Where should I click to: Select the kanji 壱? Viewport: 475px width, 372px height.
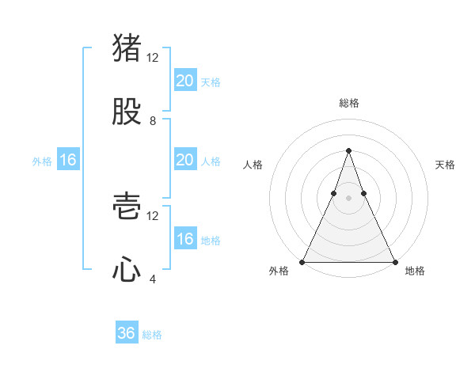click(x=127, y=207)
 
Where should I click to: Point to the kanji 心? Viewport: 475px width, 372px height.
click(x=127, y=270)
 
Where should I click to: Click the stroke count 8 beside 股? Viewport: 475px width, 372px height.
click(x=153, y=121)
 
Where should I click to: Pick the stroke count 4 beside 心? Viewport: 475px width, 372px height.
click(x=153, y=279)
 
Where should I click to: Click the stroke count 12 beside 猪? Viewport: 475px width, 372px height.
click(x=153, y=58)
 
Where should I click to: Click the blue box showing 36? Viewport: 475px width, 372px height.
click(x=127, y=333)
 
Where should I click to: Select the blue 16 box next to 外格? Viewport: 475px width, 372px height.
click(x=68, y=160)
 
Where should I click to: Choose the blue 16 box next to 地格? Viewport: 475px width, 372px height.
click(x=185, y=239)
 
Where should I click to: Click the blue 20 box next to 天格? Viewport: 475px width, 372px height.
click(x=185, y=81)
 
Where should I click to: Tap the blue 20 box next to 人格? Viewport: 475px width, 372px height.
click(x=185, y=160)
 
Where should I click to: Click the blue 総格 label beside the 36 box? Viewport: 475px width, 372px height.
click(x=152, y=335)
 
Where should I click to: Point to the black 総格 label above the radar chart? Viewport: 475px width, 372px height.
click(x=348, y=103)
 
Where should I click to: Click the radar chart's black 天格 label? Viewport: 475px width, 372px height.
click(x=446, y=165)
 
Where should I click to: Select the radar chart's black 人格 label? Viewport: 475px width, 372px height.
click(x=253, y=165)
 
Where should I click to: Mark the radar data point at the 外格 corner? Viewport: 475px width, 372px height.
click(x=302, y=261)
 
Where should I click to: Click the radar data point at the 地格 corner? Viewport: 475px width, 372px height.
click(x=394, y=261)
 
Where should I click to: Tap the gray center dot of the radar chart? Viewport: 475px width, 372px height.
click(x=348, y=199)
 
